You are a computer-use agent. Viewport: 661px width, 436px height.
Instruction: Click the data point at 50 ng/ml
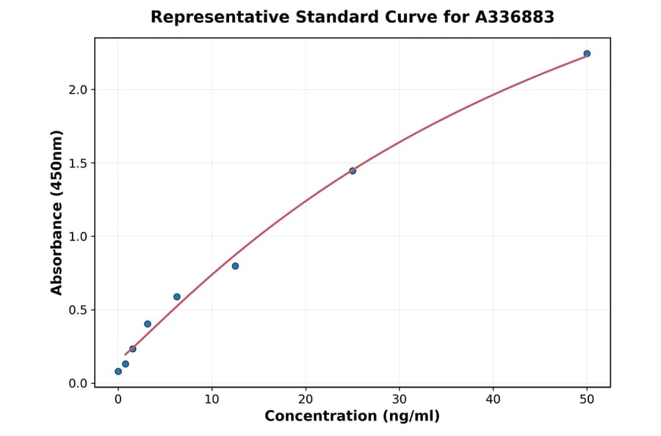point(587,54)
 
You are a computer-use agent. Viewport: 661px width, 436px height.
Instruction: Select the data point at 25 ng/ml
point(353,171)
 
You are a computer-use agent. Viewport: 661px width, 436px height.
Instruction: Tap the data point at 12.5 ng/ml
point(235,266)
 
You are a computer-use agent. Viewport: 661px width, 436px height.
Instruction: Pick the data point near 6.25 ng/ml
point(177,297)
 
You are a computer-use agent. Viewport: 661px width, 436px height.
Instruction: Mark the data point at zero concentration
point(118,371)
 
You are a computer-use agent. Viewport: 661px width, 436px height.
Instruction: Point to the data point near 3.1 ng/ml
point(148,324)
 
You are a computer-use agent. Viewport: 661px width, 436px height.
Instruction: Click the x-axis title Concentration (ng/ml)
point(352,417)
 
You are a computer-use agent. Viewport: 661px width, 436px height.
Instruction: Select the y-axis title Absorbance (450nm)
point(57,212)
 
